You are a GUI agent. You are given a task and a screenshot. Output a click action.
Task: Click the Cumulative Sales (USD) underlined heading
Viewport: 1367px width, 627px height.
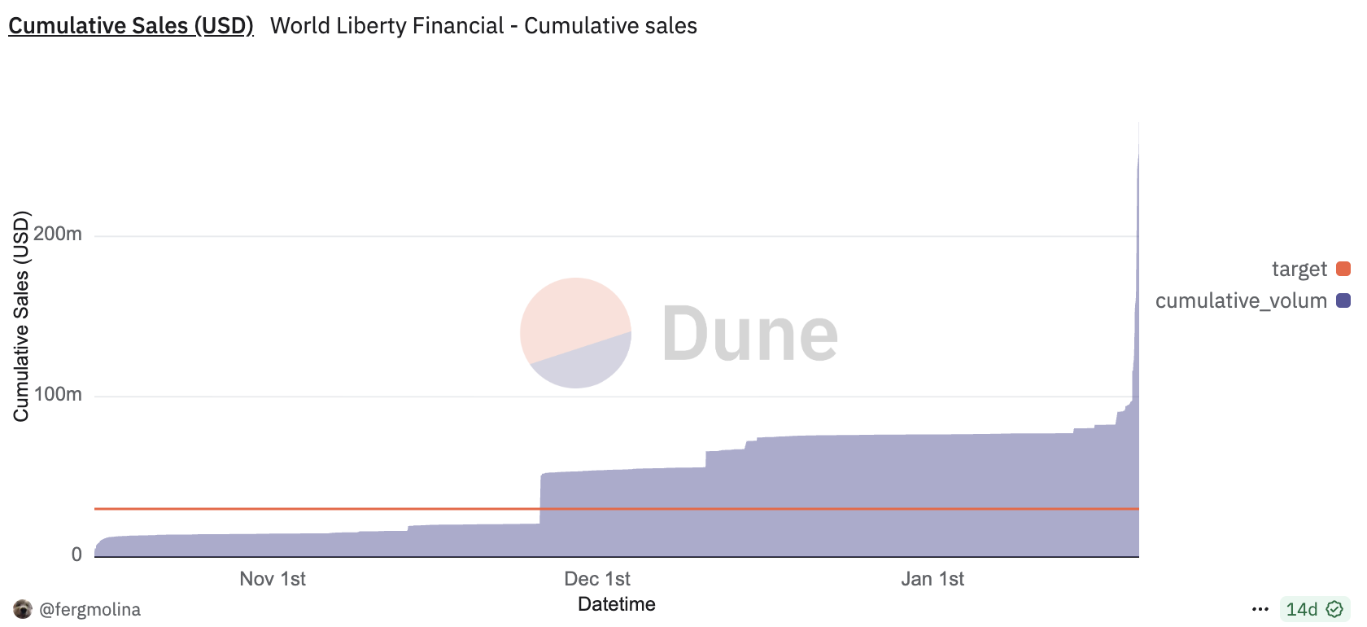[131, 26]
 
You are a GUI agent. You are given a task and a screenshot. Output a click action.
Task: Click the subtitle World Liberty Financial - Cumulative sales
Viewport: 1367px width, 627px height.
[483, 26]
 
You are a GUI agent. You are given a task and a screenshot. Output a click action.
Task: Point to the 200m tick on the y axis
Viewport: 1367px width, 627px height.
[59, 235]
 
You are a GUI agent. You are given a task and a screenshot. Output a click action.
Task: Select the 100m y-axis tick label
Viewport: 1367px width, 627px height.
[59, 395]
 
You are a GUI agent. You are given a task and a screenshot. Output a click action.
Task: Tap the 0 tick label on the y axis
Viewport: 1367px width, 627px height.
[76, 555]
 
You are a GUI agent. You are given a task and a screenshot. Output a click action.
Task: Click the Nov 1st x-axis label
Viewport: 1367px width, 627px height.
[273, 579]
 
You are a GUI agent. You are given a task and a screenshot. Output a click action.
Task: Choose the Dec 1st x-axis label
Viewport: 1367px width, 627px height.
[597, 579]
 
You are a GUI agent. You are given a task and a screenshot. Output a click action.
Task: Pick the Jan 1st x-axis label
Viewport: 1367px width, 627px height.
[932, 579]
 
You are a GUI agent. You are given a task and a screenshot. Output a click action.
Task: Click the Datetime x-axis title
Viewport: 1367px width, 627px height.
[617, 604]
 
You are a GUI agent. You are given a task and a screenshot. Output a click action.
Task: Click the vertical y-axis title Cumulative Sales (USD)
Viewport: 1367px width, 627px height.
[21, 316]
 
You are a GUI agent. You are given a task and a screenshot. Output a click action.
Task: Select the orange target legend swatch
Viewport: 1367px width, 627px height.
[1343, 269]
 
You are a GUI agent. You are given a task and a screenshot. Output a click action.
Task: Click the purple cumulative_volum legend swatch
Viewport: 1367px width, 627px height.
[1343, 300]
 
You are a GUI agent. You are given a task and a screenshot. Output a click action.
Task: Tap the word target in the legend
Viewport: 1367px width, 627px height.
[1299, 269]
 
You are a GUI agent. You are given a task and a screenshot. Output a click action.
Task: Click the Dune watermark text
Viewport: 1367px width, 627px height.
[749, 334]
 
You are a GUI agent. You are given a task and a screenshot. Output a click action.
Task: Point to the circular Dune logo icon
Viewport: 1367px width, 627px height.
[576, 333]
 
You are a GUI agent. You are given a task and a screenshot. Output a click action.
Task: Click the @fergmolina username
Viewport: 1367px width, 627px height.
[90, 609]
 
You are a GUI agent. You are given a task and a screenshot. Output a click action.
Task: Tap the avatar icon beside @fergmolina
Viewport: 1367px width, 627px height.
[23, 609]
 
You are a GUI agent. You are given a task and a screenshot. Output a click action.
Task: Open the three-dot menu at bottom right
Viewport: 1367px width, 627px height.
[1260, 609]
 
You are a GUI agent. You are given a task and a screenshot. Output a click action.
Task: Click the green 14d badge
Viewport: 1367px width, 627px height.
[1314, 609]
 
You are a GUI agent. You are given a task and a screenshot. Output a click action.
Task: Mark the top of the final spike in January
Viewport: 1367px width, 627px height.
[1138, 125]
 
